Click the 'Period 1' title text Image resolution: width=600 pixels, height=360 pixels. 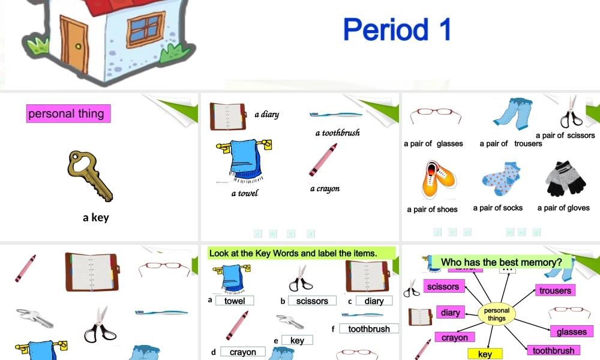397,29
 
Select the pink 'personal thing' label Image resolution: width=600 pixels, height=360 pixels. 68,113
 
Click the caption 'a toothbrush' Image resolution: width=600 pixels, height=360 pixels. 337,133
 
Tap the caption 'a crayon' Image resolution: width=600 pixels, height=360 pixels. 325,188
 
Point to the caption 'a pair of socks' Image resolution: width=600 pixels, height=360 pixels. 497,208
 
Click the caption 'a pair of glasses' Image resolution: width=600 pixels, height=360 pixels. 433,143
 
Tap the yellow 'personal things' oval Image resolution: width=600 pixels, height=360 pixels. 496,314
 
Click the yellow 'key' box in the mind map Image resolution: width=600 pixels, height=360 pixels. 485,354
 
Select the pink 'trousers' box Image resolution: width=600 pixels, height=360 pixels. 555,290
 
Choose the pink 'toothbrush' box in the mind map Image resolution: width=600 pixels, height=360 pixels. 553,350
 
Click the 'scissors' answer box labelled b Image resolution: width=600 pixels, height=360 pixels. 312,301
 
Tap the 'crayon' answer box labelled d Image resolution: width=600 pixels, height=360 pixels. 242,352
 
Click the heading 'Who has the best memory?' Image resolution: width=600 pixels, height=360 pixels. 501,262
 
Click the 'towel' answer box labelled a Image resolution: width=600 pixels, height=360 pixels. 235,301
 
